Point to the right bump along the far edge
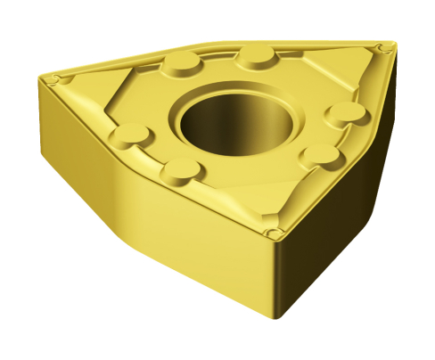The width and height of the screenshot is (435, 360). [x=257, y=59]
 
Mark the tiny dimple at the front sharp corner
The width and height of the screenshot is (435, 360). [x=275, y=233]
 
